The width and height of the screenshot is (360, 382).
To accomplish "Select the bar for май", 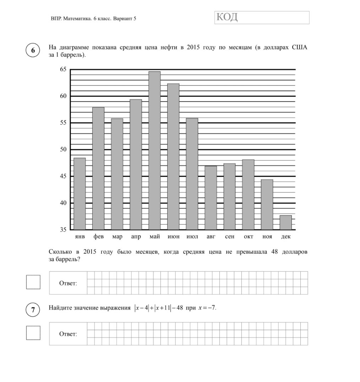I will [x=154, y=151].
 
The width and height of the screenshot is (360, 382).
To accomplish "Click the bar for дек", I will [x=285, y=223].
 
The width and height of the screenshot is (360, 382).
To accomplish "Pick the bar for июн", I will [x=173, y=157].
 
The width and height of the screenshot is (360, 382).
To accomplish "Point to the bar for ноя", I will [x=267, y=205].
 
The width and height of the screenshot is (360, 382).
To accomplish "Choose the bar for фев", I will [x=98, y=168].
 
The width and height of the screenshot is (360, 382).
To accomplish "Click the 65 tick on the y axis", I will [x=63, y=69].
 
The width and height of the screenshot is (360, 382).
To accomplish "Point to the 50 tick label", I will [x=63, y=150].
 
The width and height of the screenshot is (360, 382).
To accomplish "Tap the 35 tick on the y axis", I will [x=63, y=230].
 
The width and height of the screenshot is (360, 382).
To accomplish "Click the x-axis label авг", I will [x=211, y=237].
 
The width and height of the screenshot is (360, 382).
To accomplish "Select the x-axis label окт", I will [x=248, y=237].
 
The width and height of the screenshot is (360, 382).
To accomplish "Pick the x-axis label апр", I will [x=136, y=237].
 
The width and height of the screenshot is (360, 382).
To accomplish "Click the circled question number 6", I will [x=33, y=50].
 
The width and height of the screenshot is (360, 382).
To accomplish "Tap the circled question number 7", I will [x=33, y=310].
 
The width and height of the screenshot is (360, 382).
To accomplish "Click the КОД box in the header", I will [x=262, y=17].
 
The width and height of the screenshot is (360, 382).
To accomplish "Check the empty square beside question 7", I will [x=33, y=333].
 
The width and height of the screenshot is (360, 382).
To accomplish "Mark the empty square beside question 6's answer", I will [x=33, y=282].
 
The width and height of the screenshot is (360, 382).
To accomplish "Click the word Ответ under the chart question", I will [x=68, y=283].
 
